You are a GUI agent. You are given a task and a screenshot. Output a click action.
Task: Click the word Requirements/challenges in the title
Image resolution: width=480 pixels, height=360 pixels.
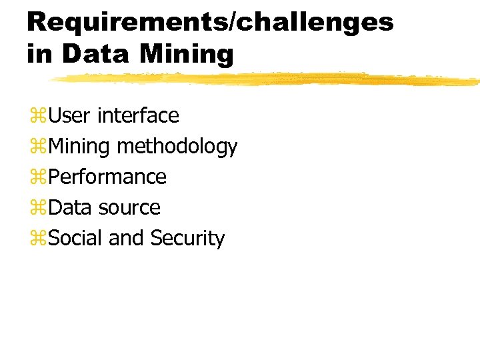210,23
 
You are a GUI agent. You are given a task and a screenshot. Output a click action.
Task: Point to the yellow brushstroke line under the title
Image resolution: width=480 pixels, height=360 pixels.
267,80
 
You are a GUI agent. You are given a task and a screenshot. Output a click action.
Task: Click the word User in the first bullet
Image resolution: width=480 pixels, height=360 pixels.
70,116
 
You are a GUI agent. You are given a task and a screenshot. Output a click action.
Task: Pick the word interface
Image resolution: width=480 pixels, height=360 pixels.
138,116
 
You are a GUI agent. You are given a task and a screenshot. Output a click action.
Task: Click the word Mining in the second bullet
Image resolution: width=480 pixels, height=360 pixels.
80,147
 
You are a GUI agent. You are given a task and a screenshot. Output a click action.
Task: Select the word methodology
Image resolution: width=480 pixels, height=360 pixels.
177,147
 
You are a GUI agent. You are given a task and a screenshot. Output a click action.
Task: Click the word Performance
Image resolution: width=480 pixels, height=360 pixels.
108,177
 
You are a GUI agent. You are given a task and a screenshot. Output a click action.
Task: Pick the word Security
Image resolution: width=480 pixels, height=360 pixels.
187,239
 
